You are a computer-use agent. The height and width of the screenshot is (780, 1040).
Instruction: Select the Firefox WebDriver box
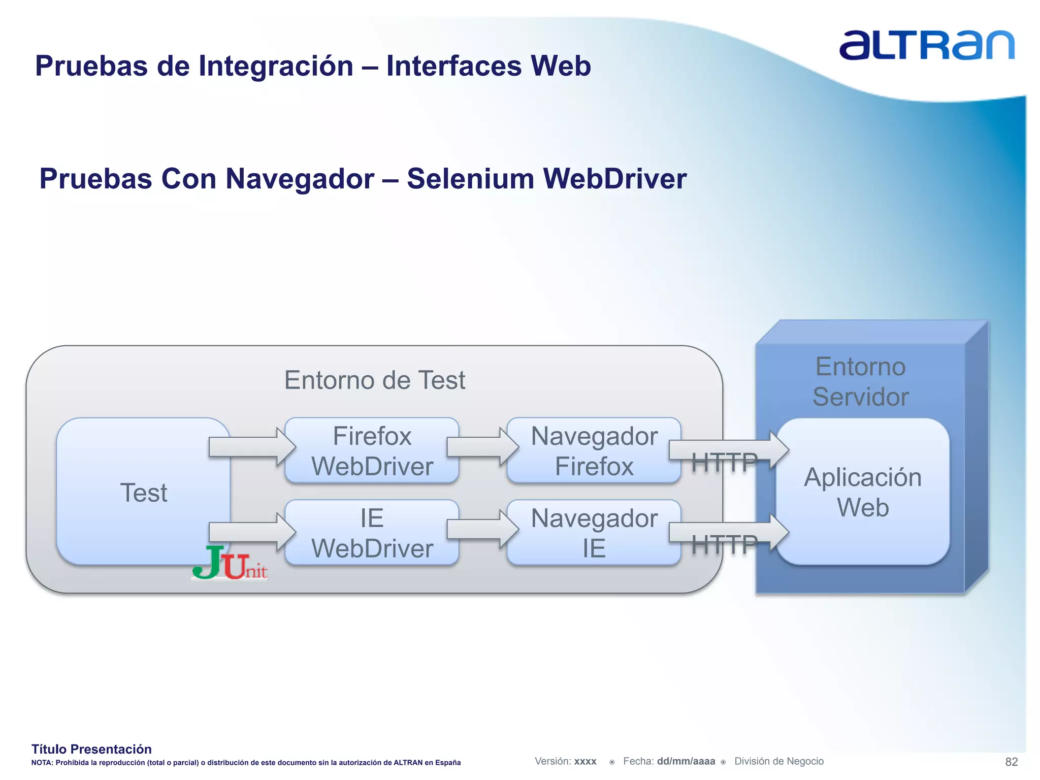(x=372, y=451)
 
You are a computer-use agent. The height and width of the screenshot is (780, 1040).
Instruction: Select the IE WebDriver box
(x=372, y=533)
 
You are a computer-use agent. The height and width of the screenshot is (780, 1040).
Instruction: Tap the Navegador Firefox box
(x=594, y=451)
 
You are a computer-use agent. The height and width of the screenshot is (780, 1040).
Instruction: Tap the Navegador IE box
(x=594, y=533)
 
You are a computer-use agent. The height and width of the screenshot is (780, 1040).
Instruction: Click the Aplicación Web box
(x=862, y=492)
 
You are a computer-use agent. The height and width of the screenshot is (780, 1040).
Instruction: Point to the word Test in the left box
(x=144, y=493)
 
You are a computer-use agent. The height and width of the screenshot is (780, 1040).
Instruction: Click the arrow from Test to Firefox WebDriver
(x=251, y=447)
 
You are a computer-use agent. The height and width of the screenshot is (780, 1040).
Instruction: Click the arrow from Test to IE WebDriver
(x=251, y=532)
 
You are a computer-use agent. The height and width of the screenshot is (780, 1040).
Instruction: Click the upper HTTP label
(x=724, y=463)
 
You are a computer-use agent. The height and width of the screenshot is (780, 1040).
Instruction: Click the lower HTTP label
(x=724, y=545)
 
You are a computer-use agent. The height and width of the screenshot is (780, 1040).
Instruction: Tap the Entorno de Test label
(x=374, y=380)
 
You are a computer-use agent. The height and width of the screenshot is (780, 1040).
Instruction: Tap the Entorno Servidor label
(x=860, y=382)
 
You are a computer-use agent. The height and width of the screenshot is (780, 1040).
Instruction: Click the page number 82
(x=1011, y=762)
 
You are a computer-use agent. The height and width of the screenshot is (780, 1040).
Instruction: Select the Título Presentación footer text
(x=91, y=749)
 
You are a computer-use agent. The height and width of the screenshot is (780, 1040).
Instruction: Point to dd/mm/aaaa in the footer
(x=686, y=761)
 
